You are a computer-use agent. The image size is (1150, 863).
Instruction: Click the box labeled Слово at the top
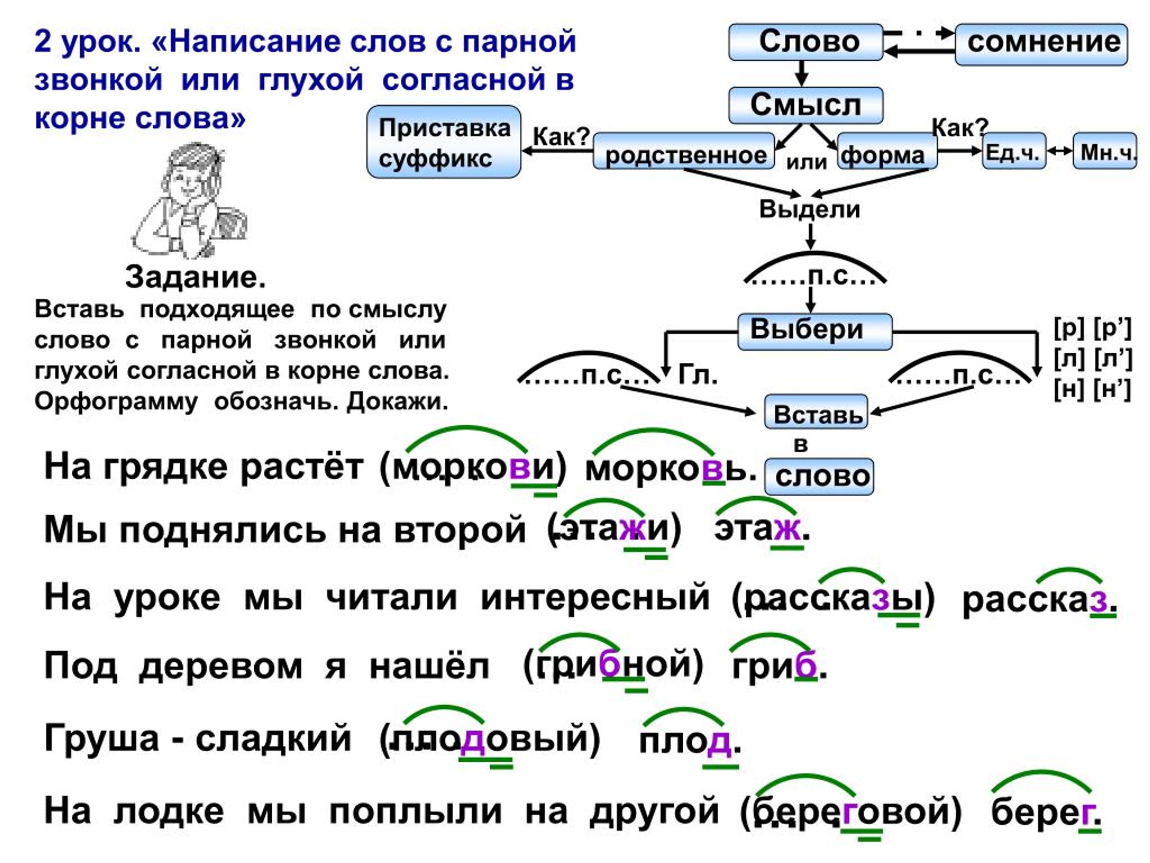click(805, 42)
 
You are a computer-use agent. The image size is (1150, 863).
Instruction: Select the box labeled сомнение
click(1041, 44)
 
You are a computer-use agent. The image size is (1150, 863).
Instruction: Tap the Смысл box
click(805, 106)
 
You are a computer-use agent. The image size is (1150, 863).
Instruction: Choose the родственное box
click(684, 151)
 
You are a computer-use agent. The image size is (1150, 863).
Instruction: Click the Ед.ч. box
click(1014, 151)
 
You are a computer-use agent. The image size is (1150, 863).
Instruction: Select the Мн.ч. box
click(1105, 151)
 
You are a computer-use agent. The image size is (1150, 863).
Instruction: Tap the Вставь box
click(816, 413)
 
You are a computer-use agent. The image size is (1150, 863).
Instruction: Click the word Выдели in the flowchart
click(809, 209)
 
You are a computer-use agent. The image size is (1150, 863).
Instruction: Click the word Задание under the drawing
click(195, 277)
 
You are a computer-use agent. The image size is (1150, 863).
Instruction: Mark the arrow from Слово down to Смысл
click(802, 73)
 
